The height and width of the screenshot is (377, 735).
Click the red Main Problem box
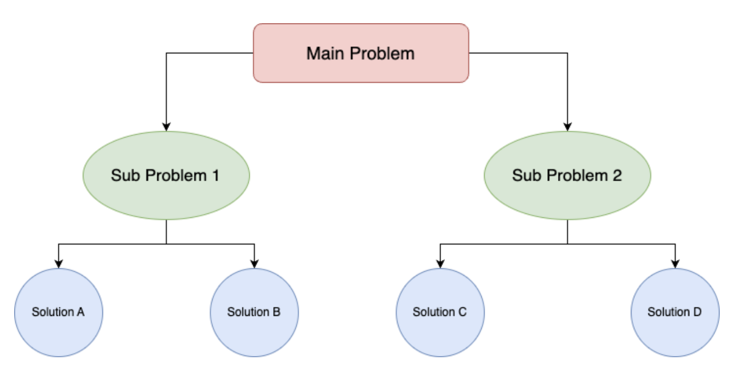(x=361, y=53)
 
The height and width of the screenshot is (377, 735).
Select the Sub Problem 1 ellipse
(x=166, y=175)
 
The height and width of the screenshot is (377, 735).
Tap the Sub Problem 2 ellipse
(x=567, y=175)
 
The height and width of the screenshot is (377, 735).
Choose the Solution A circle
(x=58, y=312)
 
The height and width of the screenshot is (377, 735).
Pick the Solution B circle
(x=254, y=312)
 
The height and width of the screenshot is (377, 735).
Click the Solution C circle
(x=440, y=312)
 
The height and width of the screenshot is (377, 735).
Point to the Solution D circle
(x=675, y=312)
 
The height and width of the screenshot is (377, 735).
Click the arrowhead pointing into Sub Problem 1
(x=166, y=127)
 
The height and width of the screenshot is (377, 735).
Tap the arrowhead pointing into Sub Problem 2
(x=567, y=127)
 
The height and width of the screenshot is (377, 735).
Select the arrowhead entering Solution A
(x=58, y=264)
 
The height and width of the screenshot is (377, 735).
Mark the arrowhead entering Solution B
(x=254, y=264)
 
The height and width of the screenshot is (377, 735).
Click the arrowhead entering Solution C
(x=440, y=264)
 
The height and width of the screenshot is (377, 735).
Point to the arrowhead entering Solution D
(x=675, y=264)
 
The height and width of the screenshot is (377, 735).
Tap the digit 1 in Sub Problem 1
(x=215, y=175)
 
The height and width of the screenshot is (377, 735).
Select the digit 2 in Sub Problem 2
(x=616, y=175)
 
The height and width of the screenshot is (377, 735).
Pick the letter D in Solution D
(x=697, y=312)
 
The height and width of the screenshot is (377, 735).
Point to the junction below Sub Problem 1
(x=166, y=244)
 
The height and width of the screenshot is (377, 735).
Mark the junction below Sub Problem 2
(x=567, y=244)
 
